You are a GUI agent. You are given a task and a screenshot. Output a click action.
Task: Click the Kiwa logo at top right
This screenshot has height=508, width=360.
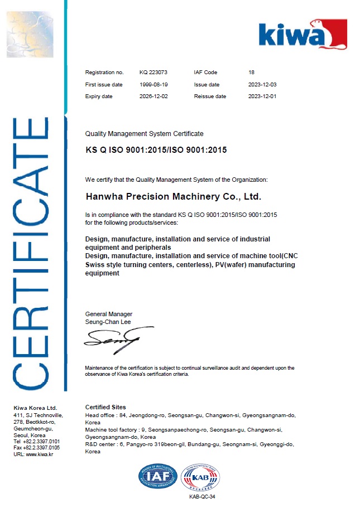point(302,35)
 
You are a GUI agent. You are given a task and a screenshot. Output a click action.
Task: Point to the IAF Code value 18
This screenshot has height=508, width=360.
point(251,72)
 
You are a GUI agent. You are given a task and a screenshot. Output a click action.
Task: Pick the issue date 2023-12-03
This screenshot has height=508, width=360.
point(262,85)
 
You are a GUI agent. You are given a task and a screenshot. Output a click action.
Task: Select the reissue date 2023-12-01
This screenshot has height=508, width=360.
point(262,96)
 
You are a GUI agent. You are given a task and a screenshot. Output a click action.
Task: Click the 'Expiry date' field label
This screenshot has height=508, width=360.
point(99,96)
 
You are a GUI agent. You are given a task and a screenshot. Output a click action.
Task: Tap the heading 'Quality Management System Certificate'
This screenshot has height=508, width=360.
point(144,134)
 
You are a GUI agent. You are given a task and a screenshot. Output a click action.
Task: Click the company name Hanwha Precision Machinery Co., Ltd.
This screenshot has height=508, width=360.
point(173,197)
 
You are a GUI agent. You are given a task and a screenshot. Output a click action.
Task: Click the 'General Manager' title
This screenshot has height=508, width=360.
point(108,314)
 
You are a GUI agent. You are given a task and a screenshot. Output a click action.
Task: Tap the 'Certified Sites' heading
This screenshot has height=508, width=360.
point(105,407)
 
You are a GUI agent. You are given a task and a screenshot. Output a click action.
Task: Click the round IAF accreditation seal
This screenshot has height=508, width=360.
point(157,477)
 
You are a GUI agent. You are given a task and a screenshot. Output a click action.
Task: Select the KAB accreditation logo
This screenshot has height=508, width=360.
point(200,477)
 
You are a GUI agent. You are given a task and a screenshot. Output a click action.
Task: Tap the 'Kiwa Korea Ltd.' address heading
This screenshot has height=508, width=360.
point(35,408)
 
